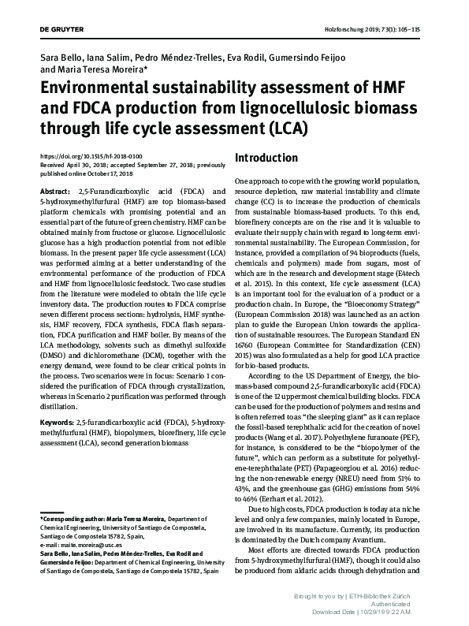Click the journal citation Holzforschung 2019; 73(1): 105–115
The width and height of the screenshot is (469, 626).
(377, 29)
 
